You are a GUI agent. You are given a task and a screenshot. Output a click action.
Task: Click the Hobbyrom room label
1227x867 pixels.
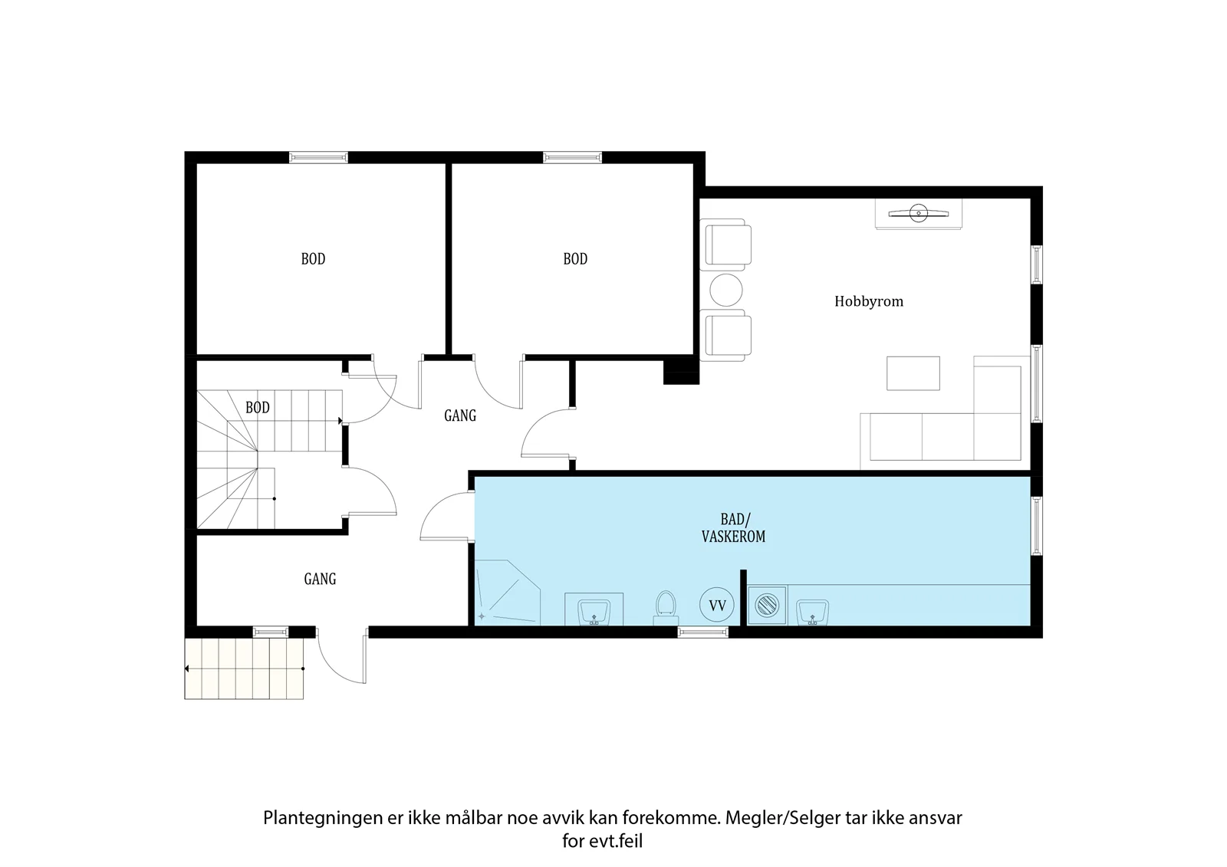pos(869,302)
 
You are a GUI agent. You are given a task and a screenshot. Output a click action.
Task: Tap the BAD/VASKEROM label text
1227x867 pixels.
pos(733,528)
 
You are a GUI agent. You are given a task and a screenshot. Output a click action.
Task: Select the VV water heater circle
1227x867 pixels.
pos(717,605)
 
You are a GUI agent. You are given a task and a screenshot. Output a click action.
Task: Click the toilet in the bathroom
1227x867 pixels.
pos(666,608)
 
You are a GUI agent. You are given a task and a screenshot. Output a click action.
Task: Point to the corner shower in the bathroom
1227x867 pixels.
pos(508,593)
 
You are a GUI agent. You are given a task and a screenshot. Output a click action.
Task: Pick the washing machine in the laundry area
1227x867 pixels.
pos(767,605)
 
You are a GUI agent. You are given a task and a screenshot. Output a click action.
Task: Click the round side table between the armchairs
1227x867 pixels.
pos(725,291)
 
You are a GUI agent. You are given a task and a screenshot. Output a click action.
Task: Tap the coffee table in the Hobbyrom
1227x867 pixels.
pos(913,373)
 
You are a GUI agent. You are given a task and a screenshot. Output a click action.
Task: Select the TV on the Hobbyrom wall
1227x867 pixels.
pos(918,214)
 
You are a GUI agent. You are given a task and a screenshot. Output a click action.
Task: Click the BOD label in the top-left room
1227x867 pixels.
pos(314,259)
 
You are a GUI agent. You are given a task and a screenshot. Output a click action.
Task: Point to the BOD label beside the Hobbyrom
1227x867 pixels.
pos(575,259)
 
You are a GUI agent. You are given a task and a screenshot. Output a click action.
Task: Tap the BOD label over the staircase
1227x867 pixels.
pos(258,408)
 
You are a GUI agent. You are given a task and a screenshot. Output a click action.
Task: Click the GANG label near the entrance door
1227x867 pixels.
pos(320,579)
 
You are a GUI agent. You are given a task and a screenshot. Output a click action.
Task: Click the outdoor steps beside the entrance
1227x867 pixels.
pos(244,668)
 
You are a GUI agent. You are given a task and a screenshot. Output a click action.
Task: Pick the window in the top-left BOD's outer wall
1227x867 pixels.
pos(318,158)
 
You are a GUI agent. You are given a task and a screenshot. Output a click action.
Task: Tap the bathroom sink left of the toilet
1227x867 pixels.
pos(594,609)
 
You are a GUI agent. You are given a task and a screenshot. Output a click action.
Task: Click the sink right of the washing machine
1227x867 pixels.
pos(812,612)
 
